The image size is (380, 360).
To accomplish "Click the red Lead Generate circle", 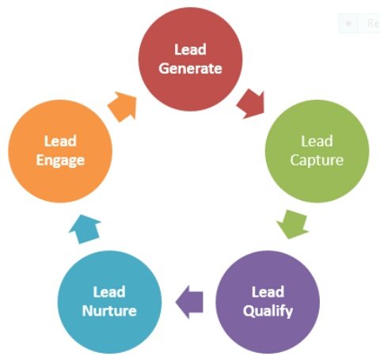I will (x=190, y=60).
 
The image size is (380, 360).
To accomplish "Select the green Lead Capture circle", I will (x=317, y=151).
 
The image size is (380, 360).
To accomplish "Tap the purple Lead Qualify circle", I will (x=267, y=301).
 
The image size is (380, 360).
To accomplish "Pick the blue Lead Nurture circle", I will (x=109, y=301).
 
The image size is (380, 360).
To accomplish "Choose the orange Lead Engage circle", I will (x=59, y=151).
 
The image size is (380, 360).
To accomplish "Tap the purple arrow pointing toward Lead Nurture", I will (x=188, y=301).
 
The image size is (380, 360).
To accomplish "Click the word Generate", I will (x=190, y=69).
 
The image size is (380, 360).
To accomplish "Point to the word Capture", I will (x=317, y=161).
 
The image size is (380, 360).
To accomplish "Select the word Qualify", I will (x=267, y=310).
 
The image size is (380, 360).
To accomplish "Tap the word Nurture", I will (x=109, y=310).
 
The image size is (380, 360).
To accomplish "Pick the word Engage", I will (x=59, y=161).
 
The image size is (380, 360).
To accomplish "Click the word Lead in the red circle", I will (x=190, y=50).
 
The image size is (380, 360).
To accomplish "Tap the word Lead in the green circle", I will (x=317, y=142).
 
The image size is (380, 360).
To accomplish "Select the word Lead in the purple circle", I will (x=267, y=291).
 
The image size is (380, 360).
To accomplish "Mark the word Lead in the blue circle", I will (x=109, y=291).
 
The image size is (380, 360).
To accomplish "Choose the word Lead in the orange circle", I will (x=59, y=142).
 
